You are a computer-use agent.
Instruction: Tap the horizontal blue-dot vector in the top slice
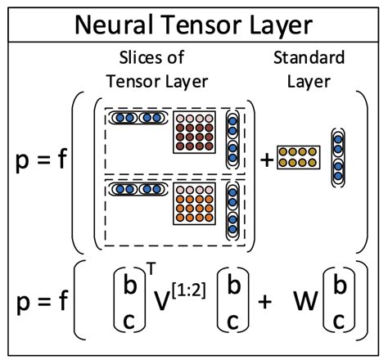[x=136, y=119]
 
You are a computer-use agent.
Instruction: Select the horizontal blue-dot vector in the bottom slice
[x=136, y=190]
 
